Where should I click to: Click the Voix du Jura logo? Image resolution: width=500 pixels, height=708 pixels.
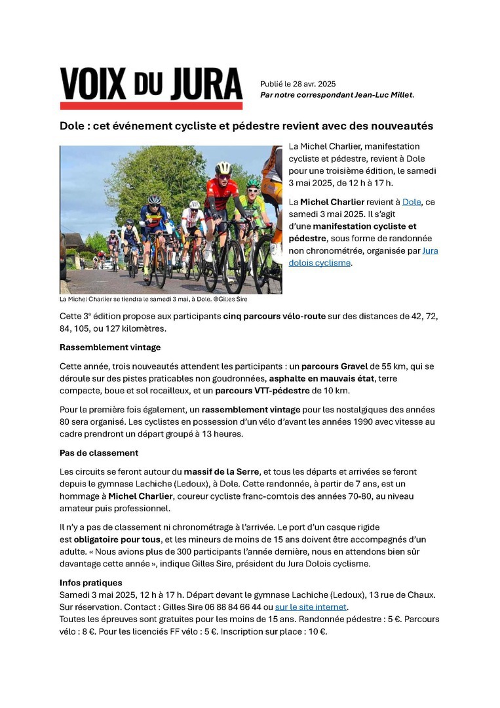[151, 88]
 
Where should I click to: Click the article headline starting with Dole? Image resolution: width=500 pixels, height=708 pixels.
[246, 125]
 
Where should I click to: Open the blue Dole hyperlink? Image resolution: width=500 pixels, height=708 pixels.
[412, 202]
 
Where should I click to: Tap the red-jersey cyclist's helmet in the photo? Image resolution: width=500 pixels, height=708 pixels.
[223, 167]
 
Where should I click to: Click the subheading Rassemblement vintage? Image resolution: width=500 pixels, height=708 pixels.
[110, 347]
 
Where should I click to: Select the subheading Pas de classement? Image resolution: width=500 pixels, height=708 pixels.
[98, 453]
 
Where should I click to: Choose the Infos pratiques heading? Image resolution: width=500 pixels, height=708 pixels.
[90, 583]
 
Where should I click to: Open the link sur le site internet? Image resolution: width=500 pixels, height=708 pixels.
[311, 607]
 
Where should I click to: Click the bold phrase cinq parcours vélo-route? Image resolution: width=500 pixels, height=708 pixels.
[274, 316]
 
